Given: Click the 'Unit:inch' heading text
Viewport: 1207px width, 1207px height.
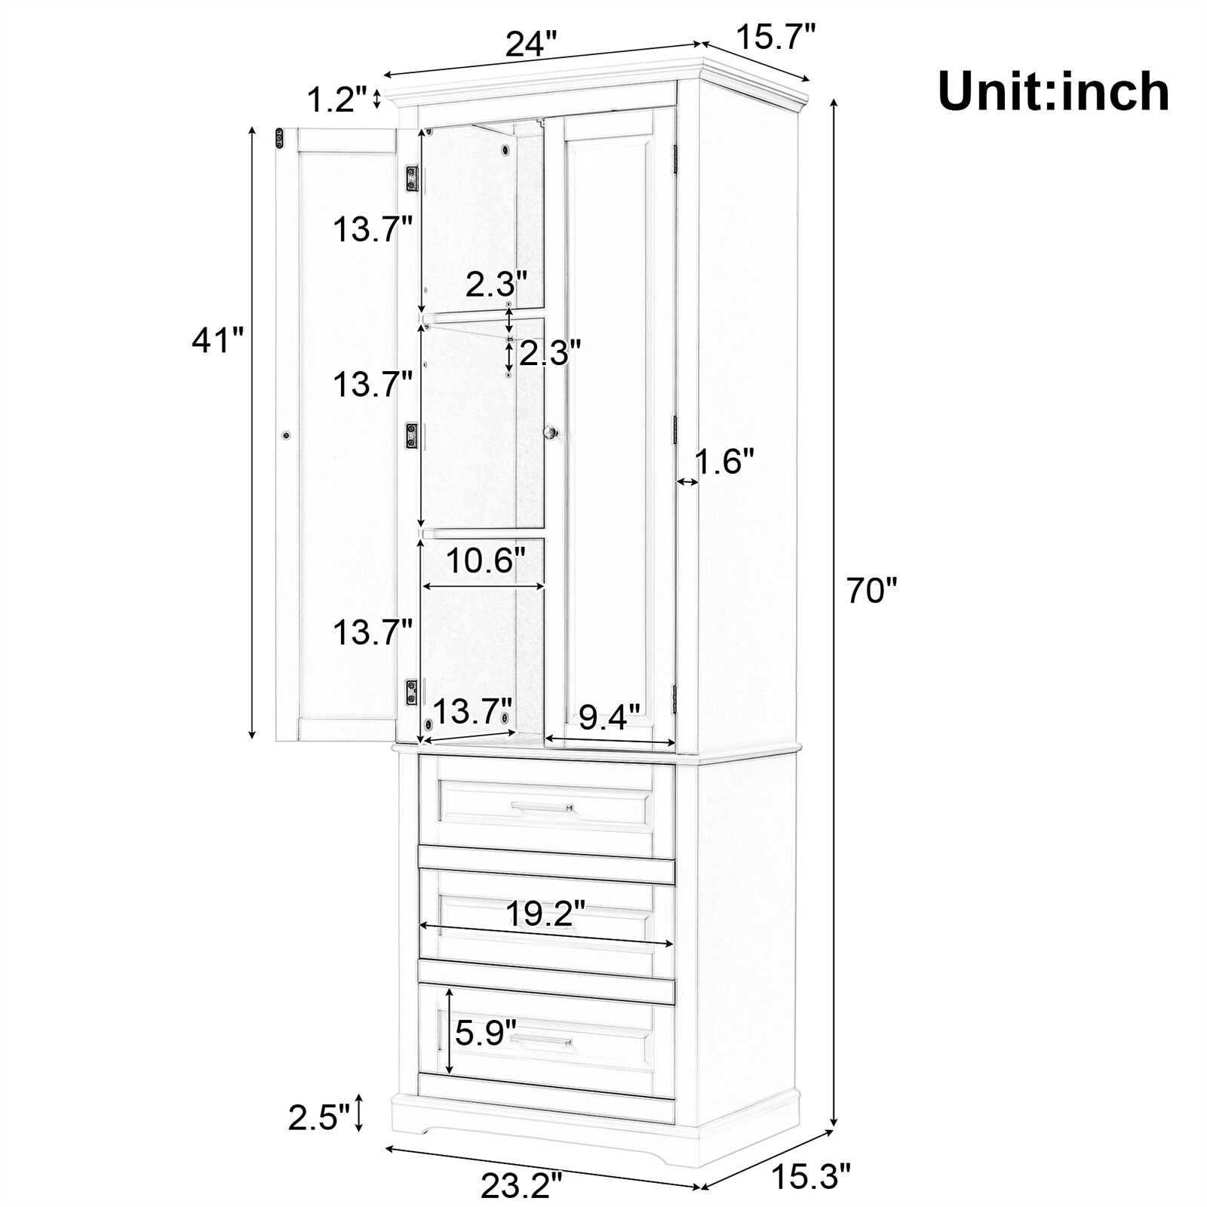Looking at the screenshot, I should pos(1053,92).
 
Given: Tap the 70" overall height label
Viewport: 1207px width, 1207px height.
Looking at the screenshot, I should pos(872,590).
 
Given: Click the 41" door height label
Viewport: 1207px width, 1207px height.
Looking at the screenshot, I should pos(218,340).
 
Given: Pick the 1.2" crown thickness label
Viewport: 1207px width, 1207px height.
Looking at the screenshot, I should pos(337,99).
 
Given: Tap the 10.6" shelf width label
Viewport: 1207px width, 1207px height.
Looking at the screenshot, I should pos(485,561).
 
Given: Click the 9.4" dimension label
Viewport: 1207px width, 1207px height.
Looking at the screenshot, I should pos(609,717).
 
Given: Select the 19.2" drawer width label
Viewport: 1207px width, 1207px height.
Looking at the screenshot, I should pos(545,914).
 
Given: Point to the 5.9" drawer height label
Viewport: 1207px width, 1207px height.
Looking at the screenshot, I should pos(485,1031).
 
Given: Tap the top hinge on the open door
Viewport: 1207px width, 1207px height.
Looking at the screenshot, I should pos(412,179).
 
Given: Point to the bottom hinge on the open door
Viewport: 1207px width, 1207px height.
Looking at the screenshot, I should pos(412,692).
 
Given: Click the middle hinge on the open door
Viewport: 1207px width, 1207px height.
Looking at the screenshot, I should pos(412,436).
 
